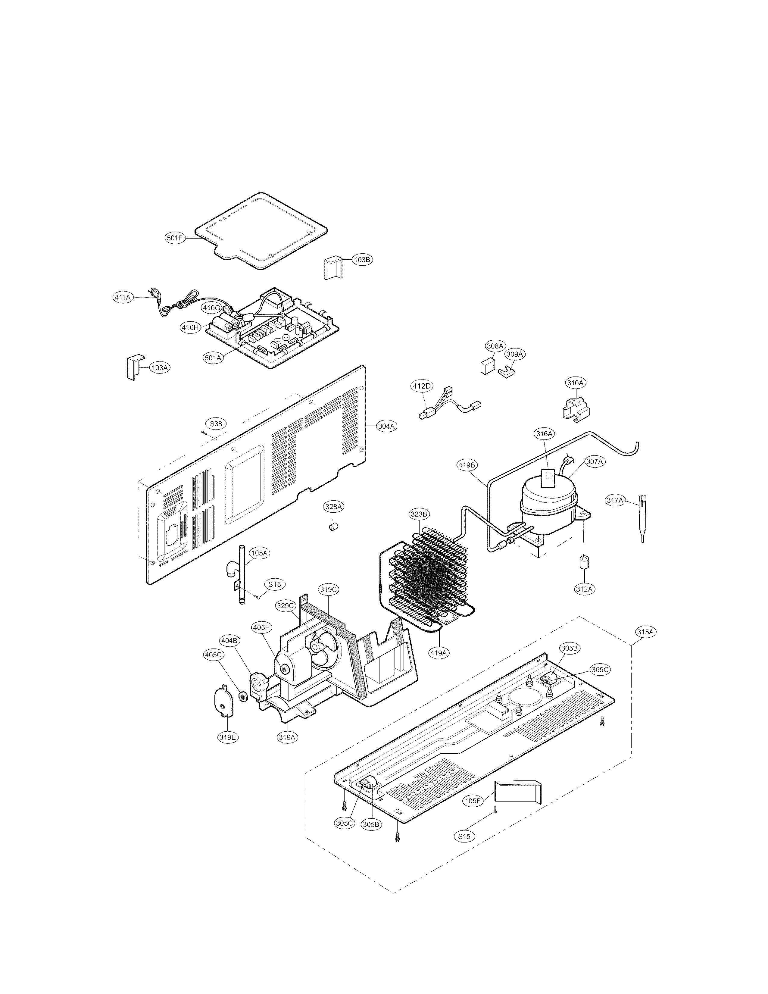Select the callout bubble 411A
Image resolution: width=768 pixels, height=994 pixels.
(x=122, y=297)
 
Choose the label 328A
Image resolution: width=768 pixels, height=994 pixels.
(x=334, y=506)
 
